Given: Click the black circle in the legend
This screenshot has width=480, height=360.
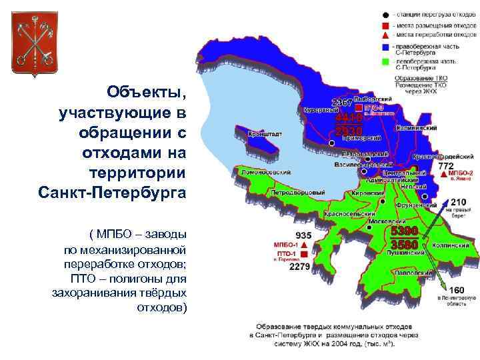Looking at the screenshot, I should click(385, 15).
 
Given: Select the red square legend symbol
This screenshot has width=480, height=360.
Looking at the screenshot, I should click(385, 25).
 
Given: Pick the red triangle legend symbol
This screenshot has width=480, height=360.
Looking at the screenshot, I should click(385, 34).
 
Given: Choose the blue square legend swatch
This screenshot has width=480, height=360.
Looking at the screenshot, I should click(385, 46).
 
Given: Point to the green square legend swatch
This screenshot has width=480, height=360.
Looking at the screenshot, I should click(385, 61).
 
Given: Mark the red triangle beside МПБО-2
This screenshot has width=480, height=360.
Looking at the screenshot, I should click(435, 173).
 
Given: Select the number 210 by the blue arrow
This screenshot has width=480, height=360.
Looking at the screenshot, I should click(459, 201).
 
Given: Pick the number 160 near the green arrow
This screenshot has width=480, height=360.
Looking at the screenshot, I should click(457, 290).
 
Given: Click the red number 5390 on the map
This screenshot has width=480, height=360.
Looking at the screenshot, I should click(404, 231).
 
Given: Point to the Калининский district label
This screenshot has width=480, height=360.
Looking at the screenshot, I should click(417, 127).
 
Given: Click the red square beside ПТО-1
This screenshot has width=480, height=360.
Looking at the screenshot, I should click(304, 255).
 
